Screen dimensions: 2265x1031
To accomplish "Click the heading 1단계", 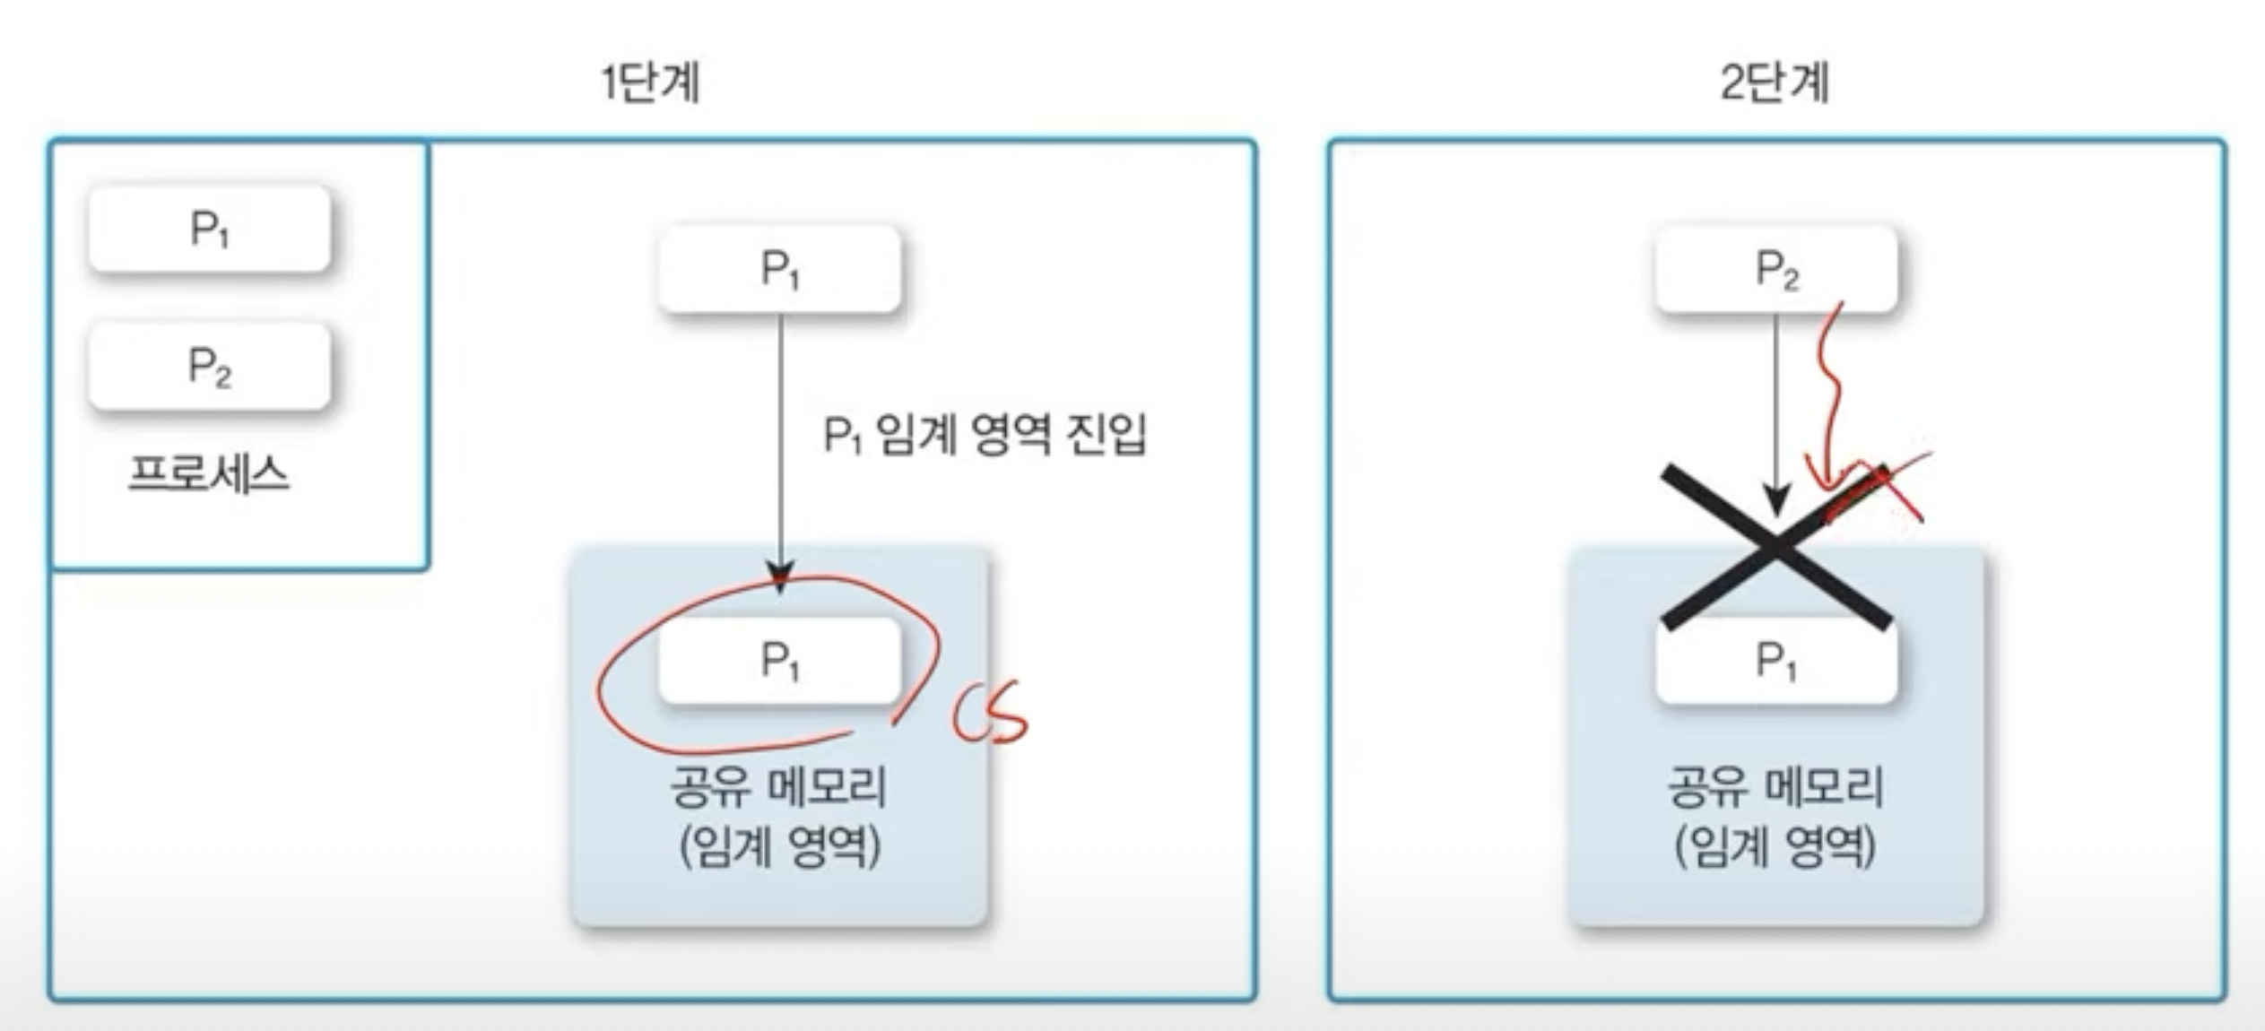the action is (650, 83).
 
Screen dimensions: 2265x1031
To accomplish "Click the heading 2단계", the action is (1775, 83).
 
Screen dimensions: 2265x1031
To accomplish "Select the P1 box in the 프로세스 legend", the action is (210, 230).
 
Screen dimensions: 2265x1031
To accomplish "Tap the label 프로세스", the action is (209, 473).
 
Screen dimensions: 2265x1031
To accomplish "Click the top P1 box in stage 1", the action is (779, 269).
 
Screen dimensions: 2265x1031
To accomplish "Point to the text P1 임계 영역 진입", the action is (984, 436).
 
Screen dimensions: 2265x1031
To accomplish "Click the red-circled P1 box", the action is (779, 661).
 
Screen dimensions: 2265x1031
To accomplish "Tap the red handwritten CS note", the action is (989, 714).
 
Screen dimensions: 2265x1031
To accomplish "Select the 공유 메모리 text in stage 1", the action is (778, 787).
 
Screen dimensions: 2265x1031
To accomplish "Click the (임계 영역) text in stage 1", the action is (779, 846).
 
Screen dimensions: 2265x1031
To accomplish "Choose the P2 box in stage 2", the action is (1776, 269).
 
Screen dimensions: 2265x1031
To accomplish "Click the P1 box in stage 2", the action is (1776, 662).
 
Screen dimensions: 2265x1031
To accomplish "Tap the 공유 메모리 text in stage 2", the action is (1775, 787).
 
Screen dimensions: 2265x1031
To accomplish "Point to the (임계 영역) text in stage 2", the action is (1775, 846).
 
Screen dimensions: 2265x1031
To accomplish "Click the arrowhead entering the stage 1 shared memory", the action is (780, 574).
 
